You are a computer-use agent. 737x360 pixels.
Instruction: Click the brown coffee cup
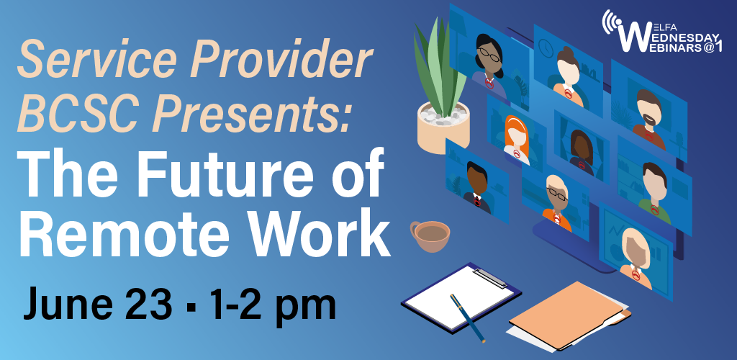point(430,235)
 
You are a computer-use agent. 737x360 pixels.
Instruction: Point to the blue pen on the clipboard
point(466,317)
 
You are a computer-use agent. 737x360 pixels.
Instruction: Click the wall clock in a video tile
point(545,47)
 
